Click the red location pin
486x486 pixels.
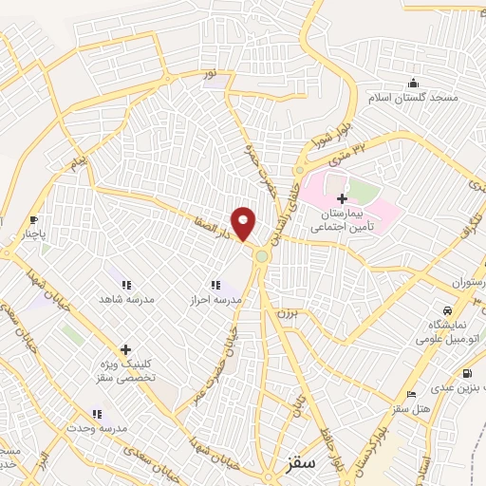[x=245, y=222]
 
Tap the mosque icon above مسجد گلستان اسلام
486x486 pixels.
[x=412, y=83]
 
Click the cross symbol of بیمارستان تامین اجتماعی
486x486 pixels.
[x=342, y=197]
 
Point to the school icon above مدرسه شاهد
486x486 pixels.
[x=125, y=284]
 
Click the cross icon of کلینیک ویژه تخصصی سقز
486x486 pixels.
[x=125, y=349]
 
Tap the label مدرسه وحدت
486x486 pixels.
[x=96, y=428]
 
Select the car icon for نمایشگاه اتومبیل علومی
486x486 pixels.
[x=445, y=310]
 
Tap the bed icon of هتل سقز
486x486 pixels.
[x=411, y=394]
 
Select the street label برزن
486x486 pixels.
[x=274, y=311]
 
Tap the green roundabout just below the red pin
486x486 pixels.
[x=261, y=255]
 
